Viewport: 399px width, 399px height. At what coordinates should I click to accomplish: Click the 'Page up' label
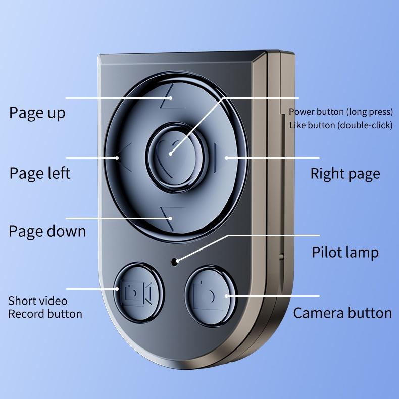click(37, 113)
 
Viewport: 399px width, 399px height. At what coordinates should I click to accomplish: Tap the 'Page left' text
click(39, 173)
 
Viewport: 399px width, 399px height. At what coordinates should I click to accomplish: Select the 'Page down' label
click(47, 231)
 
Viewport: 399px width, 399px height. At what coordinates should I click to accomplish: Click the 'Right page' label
click(345, 174)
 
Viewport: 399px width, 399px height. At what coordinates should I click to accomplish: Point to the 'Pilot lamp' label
click(345, 252)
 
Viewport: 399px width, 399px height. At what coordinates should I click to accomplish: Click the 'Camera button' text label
click(342, 313)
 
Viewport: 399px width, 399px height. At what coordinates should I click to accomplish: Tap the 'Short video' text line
click(37, 301)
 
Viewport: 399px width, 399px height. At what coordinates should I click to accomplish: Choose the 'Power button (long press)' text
click(340, 112)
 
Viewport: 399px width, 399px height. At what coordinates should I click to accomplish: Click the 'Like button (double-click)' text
click(340, 125)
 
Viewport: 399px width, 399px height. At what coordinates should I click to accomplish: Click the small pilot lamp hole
click(175, 261)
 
